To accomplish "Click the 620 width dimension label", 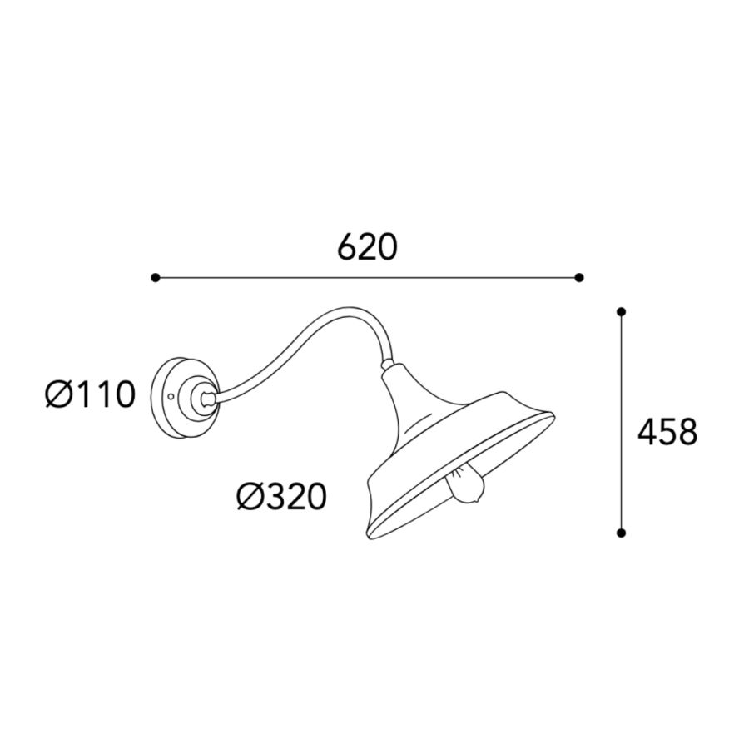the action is [367, 247].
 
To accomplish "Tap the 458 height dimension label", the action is [667, 432].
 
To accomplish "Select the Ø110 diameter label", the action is [90, 395].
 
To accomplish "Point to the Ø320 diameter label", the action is [282, 496].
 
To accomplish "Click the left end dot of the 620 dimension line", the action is [156, 277].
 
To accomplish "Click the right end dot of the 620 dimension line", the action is [579, 277].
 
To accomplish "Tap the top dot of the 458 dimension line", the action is [621, 312].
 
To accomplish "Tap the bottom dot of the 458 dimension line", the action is [621, 533].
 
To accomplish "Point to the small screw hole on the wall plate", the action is [171, 396].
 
